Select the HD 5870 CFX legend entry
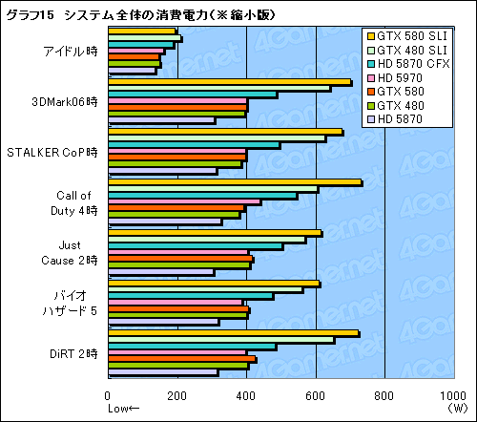pyautogui.click(x=412, y=64)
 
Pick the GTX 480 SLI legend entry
pyautogui.click(x=411, y=51)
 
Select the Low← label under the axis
pyautogui.click(x=123, y=408)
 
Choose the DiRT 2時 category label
pyautogui.click(x=73, y=353)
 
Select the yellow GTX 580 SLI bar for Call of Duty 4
pyautogui.click(x=235, y=181)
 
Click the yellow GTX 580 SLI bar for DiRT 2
pyautogui.click(x=233, y=332)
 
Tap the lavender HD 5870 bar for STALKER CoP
pyautogui.click(x=163, y=171)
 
